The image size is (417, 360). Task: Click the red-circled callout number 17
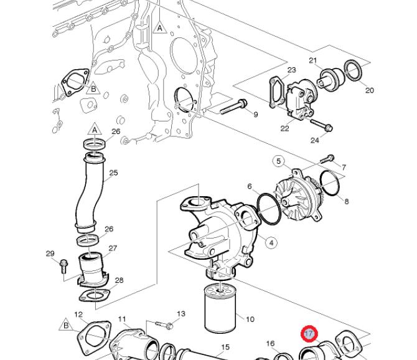pos(309,333)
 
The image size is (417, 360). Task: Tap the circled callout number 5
pos(278,161)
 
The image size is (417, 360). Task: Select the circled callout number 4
pos(271,243)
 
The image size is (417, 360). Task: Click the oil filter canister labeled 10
pos(220,309)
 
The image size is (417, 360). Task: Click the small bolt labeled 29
pos(64,266)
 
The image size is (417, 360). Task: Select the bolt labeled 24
pos(322,125)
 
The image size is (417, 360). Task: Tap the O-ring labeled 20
pos(353,70)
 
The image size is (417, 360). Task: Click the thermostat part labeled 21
pos(330,78)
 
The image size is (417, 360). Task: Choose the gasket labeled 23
pos(276,92)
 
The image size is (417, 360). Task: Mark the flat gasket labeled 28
pos(95,296)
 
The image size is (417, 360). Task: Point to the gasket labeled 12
pos(93,338)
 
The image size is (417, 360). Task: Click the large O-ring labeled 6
pos(269,209)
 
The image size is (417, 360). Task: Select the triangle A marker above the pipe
pos(95,129)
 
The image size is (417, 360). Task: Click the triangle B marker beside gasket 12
pos(66,325)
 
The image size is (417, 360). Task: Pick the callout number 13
pos(181,314)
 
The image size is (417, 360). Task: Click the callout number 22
pos(284,128)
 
